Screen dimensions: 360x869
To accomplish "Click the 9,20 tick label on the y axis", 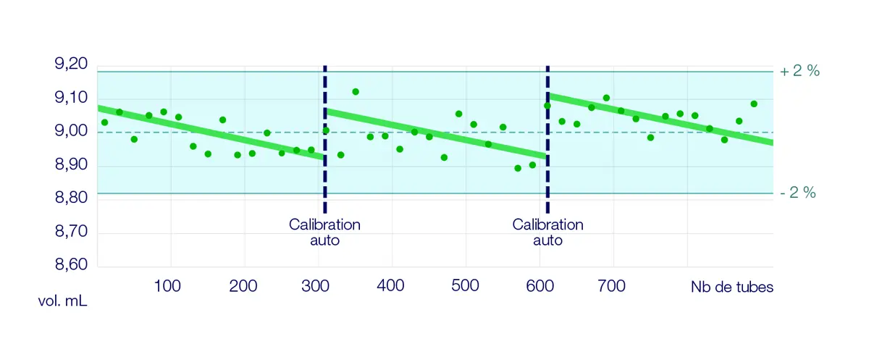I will [71, 64].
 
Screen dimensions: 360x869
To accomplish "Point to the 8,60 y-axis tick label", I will [71, 267].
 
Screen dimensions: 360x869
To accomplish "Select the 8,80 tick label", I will [71, 199].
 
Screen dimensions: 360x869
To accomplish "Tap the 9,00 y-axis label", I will [71, 132].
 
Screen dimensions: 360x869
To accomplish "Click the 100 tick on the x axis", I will [168, 287].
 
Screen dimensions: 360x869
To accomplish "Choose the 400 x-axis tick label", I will [391, 287].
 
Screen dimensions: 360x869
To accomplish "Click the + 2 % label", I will [799, 72].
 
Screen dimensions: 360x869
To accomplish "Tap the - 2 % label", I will [799, 193].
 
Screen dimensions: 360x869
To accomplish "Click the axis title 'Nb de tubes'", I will [732, 288].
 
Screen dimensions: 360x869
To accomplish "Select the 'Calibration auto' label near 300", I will [324, 232].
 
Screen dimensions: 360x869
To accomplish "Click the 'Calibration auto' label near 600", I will [547, 232].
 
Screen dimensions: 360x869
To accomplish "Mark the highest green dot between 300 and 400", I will [356, 92].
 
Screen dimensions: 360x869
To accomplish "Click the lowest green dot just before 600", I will [518, 168].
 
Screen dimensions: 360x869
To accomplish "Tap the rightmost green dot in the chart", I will [754, 104].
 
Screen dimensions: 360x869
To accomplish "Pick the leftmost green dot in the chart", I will [104, 122].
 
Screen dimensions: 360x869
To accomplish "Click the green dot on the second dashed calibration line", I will [547, 106].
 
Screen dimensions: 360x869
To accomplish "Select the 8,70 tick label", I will [71, 233].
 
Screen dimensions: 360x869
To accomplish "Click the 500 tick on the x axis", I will [465, 287].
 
